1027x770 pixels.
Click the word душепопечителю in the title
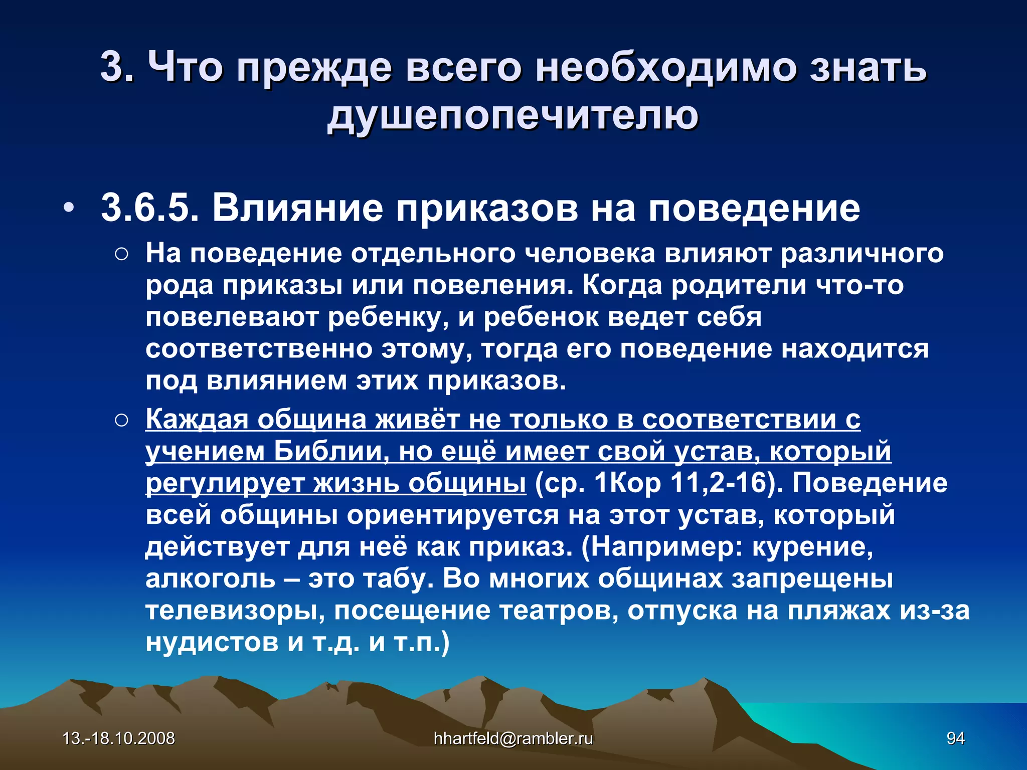pyautogui.click(x=512, y=115)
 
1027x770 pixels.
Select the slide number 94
pyautogui.click(x=955, y=738)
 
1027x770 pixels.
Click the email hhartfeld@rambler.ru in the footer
pyautogui.click(x=513, y=738)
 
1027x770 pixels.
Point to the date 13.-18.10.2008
pyautogui.click(x=119, y=738)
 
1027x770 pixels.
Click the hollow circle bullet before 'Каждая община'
pyautogui.click(x=121, y=421)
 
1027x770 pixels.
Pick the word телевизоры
pyautogui.click(x=235, y=611)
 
